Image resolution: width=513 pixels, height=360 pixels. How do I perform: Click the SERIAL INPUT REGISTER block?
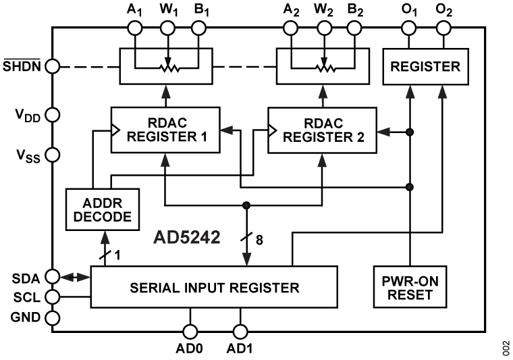click(x=214, y=288)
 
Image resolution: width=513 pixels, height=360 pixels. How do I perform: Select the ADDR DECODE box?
click(x=101, y=209)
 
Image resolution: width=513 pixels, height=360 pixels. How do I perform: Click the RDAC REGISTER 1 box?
click(x=165, y=129)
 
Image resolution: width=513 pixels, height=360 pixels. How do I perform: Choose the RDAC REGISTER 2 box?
click(x=323, y=129)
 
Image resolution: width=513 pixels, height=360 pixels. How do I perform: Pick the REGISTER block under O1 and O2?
click(x=425, y=67)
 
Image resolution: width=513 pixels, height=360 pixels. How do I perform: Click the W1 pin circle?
click(x=165, y=28)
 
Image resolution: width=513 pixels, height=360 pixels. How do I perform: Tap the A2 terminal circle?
click(x=290, y=28)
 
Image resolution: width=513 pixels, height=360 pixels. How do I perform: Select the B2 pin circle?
click(x=354, y=28)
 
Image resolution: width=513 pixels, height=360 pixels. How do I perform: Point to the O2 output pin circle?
click(x=443, y=28)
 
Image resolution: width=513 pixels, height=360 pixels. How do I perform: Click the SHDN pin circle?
click(x=53, y=67)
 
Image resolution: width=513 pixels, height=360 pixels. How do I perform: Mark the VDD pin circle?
click(x=53, y=115)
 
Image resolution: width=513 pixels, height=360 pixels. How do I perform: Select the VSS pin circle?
click(x=53, y=154)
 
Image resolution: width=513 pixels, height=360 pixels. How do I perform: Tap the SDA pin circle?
click(x=53, y=276)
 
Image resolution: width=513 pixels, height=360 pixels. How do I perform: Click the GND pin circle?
click(x=53, y=317)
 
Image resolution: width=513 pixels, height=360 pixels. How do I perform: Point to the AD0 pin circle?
click(x=190, y=331)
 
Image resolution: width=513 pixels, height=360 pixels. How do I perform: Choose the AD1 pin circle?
click(x=239, y=331)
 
